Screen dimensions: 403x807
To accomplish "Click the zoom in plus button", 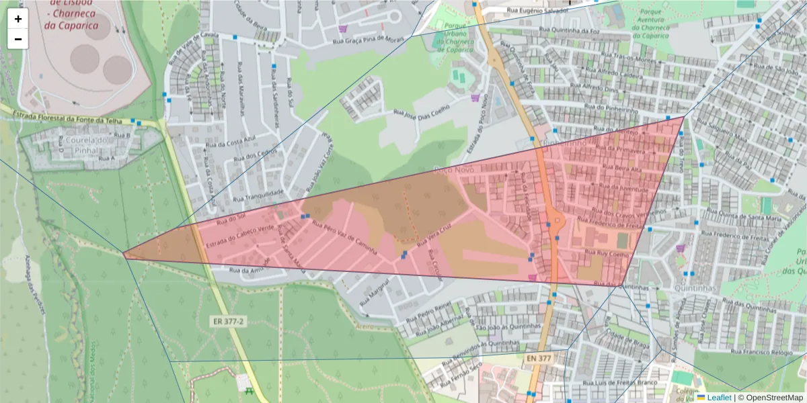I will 18,19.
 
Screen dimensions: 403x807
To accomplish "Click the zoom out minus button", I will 18,39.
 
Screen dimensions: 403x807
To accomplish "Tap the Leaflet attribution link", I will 718,398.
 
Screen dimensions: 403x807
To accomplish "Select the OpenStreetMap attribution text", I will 771,398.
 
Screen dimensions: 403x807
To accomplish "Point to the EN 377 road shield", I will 538,359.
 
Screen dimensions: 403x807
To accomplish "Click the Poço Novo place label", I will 455,169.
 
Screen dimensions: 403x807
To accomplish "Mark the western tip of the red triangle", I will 124,254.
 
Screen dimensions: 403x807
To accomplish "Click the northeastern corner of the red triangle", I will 684,118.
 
